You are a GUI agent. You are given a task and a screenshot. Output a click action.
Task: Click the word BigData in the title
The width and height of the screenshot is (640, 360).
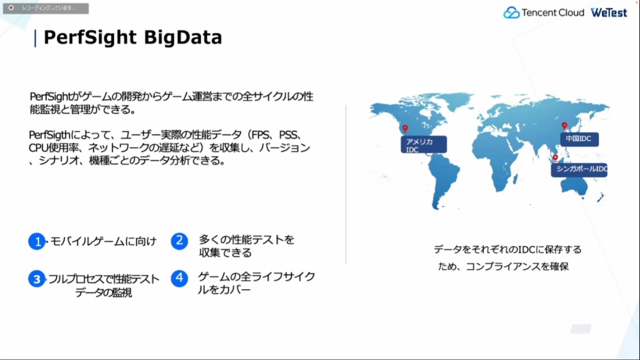click(183, 37)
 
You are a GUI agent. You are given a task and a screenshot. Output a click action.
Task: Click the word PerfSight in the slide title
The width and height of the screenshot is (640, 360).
click(90, 37)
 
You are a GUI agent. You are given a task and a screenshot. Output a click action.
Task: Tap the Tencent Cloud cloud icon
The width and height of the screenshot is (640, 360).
click(511, 12)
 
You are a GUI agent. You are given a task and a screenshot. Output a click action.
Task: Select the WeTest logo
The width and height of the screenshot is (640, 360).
click(609, 12)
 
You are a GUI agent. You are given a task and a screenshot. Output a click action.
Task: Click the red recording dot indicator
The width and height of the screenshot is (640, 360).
click(11, 8)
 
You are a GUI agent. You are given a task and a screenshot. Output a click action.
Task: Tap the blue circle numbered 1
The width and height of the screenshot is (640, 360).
click(37, 242)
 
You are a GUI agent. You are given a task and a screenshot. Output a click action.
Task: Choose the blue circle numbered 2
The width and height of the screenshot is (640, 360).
click(180, 241)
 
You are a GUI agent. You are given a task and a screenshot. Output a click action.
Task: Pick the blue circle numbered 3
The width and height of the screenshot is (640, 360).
click(37, 279)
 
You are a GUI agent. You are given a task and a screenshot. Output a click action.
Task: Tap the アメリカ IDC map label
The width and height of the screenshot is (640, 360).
click(424, 145)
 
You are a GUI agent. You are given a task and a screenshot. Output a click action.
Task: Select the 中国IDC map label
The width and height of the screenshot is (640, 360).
click(579, 139)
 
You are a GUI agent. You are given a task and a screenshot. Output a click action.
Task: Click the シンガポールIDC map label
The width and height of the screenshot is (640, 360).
click(579, 170)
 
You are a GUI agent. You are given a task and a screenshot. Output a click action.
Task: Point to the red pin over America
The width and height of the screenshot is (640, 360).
click(405, 128)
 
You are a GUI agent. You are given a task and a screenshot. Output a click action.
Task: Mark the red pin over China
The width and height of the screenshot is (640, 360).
click(564, 126)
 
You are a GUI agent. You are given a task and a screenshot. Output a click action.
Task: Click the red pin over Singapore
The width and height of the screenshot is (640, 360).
click(555, 158)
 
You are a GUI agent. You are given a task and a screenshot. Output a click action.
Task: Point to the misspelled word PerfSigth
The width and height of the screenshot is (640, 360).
click(50, 135)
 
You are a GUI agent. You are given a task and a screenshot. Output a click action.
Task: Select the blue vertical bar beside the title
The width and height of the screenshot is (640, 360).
click(35, 38)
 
